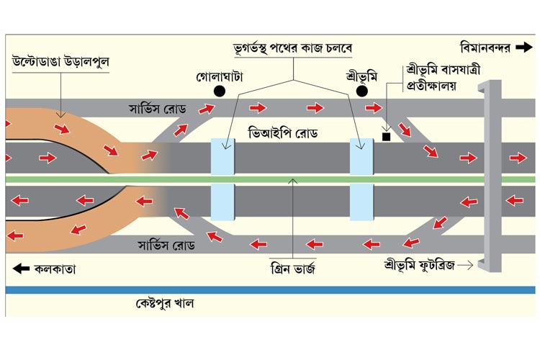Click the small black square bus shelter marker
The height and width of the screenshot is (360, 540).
pyautogui.click(x=387, y=135)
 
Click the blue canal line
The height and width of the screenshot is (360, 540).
pyautogui.click(x=270, y=289)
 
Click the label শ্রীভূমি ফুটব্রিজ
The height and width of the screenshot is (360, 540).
pyautogui.click(x=419, y=264)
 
